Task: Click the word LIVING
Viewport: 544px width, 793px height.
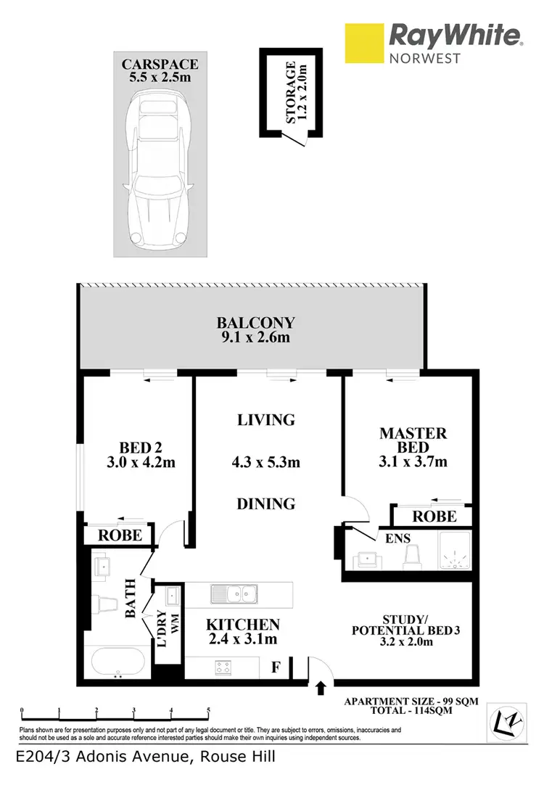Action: (266, 419)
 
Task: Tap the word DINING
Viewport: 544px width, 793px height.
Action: (265, 503)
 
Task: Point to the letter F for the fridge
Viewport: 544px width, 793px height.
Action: (276, 666)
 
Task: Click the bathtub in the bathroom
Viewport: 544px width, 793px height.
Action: (118, 662)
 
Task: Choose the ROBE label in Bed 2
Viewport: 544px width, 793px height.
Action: (119, 536)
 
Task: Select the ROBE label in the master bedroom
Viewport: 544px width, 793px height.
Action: (434, 516)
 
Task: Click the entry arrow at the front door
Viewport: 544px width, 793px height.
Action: (321, 686)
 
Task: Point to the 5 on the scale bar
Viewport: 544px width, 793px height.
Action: (208, 711)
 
